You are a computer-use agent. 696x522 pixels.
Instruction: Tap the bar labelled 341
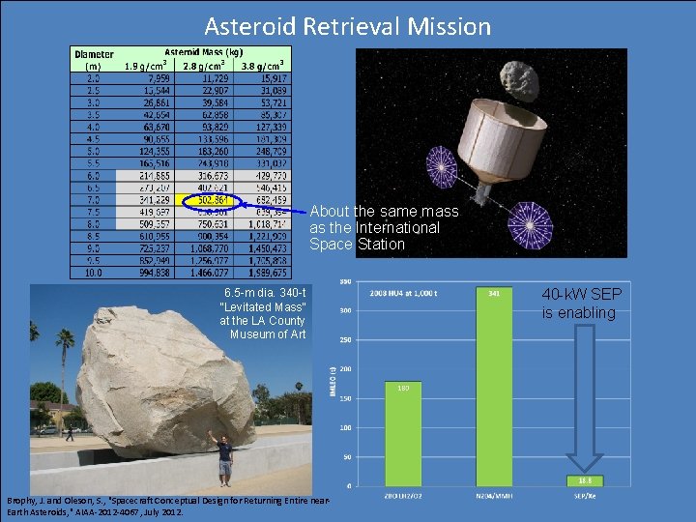tap(493, 386)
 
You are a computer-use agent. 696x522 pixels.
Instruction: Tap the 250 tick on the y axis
tap(344, 340)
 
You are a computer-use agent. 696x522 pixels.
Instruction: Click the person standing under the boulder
tap(224, 459)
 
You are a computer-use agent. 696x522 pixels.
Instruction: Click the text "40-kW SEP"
tap(582, 294)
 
